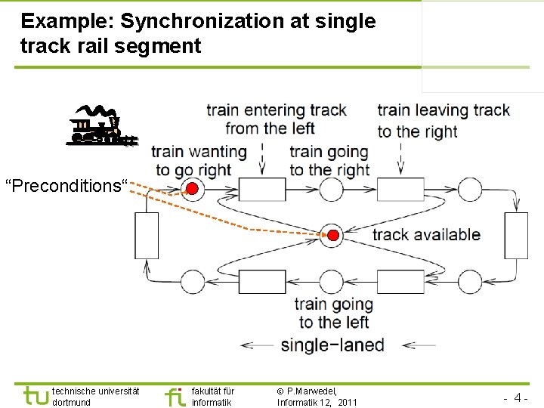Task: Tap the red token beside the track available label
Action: (331, 234)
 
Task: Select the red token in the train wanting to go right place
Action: (193, 188)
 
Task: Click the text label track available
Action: (426, 234)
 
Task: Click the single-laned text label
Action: (332, 345)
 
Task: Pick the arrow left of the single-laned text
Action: (258, 346)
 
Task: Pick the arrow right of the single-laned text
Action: (418, 346)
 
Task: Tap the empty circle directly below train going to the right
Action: (331, 188)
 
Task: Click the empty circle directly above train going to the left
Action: (331, 281)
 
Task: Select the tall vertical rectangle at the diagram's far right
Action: (516, 236)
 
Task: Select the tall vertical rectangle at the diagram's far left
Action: (147, 236)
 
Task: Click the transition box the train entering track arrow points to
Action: (262, 188)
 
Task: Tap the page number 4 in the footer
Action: (519, 397)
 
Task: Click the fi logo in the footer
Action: (175, 396)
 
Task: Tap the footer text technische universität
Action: (95, 391)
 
